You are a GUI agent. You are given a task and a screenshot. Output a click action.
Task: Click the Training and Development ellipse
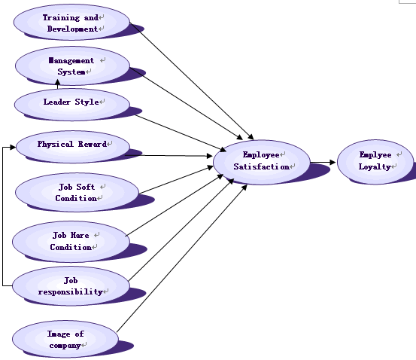[71, 22]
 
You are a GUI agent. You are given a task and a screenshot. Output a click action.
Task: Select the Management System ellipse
[72, 66]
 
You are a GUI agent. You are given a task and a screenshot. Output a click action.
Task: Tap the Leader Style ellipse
[72, 105]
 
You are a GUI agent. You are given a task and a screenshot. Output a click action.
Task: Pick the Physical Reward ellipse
[73, 146]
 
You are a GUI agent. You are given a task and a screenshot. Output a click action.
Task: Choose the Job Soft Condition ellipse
[77, 192]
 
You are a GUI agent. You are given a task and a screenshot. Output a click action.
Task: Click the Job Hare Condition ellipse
[71, 241]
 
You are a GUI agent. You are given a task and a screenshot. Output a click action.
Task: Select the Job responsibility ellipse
[71, 286]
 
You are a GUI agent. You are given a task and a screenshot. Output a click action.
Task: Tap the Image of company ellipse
[65, 339]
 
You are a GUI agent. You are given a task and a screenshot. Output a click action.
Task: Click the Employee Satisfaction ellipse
[262, 162]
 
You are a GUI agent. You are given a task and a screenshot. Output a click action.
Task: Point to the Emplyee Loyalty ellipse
[375, 161]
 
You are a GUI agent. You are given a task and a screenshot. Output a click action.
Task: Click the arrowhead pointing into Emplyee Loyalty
[332, 162]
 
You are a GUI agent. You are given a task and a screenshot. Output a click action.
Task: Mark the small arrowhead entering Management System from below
[58, 81]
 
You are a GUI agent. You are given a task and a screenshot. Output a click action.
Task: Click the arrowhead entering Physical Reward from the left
[13, 147]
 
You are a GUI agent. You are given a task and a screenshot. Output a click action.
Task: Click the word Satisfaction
[261, 166]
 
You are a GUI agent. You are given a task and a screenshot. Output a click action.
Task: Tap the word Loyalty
[375, 167]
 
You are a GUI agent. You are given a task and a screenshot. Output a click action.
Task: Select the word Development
[72, 29]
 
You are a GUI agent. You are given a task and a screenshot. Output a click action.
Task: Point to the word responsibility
[70, 291]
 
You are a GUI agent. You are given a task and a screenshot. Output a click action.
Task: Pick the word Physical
[55, 144]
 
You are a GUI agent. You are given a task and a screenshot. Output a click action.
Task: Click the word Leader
[57, 102]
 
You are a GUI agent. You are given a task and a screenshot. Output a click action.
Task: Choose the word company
[65, 346]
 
